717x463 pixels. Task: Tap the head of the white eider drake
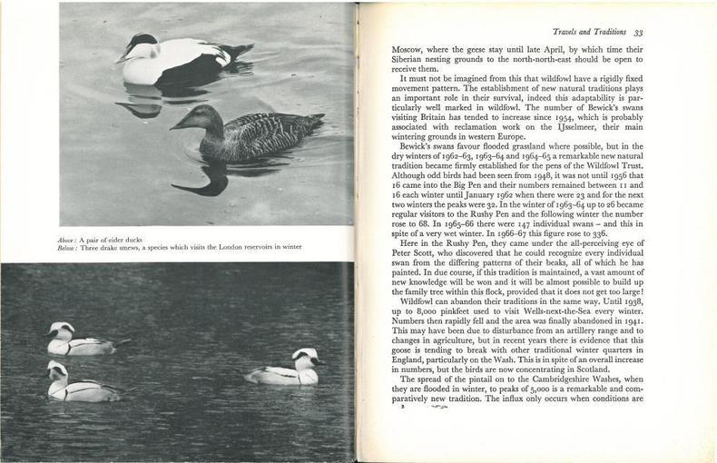pyautogui.click(x=143, y=44)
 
